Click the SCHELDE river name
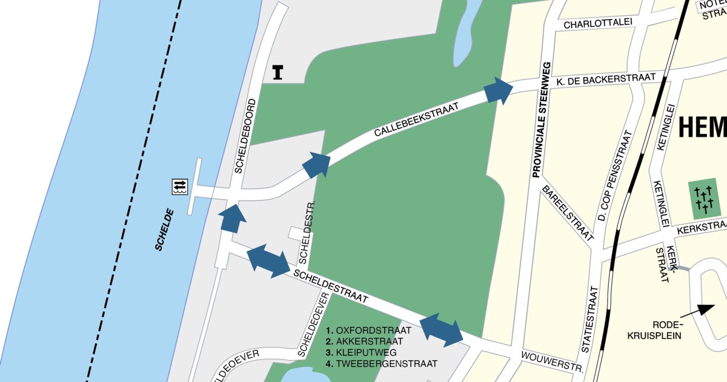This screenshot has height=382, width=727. [x=164, y=230]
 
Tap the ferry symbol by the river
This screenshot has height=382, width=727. [x=180, y=186]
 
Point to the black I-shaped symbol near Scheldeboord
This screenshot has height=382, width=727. [x=278, y=72]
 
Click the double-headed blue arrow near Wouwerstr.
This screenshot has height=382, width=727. [x=442, y=330]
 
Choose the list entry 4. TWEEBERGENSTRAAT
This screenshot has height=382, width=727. [x=382, y=364]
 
